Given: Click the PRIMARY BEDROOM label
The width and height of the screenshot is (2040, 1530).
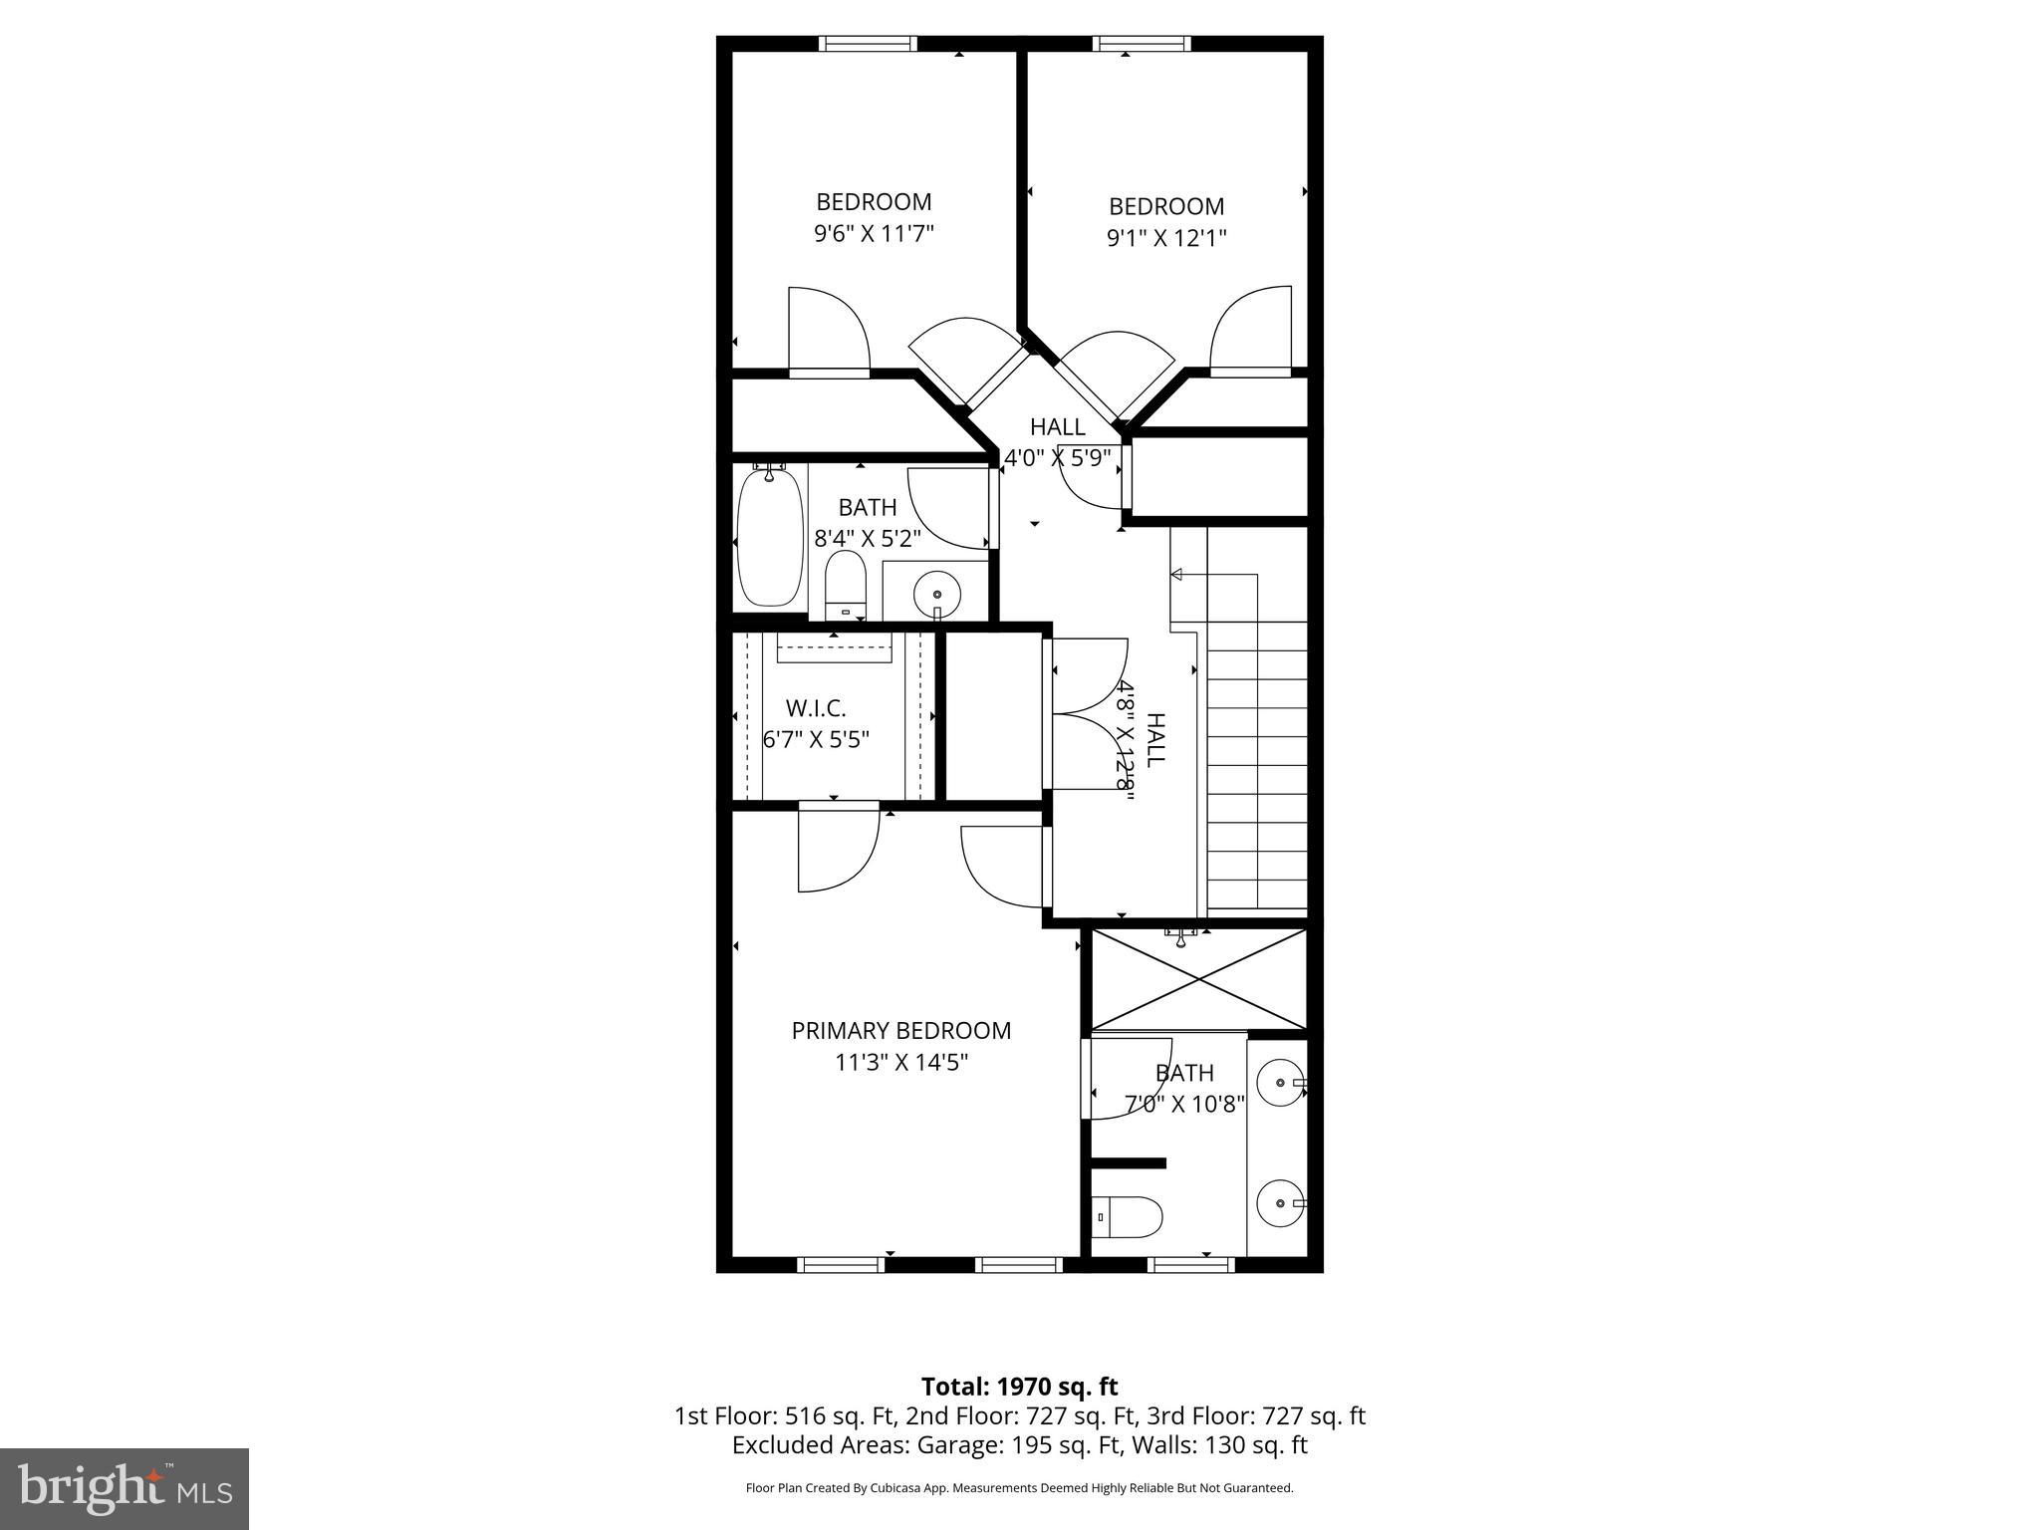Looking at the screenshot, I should tap(900, 1031).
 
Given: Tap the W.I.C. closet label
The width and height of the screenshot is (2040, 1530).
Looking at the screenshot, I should tap(816, 708).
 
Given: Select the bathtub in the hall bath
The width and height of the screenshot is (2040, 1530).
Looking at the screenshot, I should tap(769, 539).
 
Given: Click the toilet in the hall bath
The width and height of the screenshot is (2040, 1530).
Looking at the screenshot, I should tap(847, 587).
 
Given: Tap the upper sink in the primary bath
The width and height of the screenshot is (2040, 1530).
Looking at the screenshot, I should tap(1278, 1082).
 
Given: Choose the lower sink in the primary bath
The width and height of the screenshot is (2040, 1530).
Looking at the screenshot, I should tap(1278, 1203).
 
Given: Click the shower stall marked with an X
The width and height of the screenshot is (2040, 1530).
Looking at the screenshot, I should tap(1199, 979).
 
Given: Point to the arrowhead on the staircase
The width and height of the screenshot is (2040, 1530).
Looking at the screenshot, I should tap(1176, 575).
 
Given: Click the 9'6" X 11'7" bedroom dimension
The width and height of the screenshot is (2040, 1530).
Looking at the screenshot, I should tap(874, 234).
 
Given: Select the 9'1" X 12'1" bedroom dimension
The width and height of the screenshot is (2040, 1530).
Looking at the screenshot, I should tap(1166, 238).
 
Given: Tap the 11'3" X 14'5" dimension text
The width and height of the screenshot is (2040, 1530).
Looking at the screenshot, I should tap(900, 1063).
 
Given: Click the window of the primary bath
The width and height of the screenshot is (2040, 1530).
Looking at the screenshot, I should tap(1191, 1265).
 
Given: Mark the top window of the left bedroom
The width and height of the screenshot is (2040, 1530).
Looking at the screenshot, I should tap(868, 43).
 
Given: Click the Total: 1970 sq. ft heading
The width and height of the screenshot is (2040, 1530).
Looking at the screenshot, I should tap(1019, 1387).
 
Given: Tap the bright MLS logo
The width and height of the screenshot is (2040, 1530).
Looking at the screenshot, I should tap(125, 1489).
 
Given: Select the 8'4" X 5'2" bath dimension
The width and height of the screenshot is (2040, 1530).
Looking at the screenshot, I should tap(868, 539).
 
